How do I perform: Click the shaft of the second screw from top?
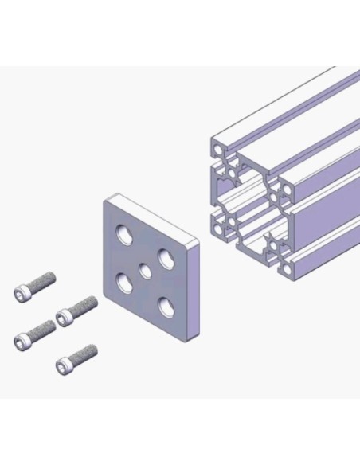pyautogui.click(x=84, y=306)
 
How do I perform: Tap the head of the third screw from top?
pyautogui.click(x=22, y=341)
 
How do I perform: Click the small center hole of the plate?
pyautogui.click(x=145, y=271)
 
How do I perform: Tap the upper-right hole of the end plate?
pyautogui.click(x=166, y=258)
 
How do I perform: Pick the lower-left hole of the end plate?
pyautogui.click(x=124, y=282)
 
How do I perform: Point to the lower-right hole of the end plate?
pyautogui.click(x=166, y=306)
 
